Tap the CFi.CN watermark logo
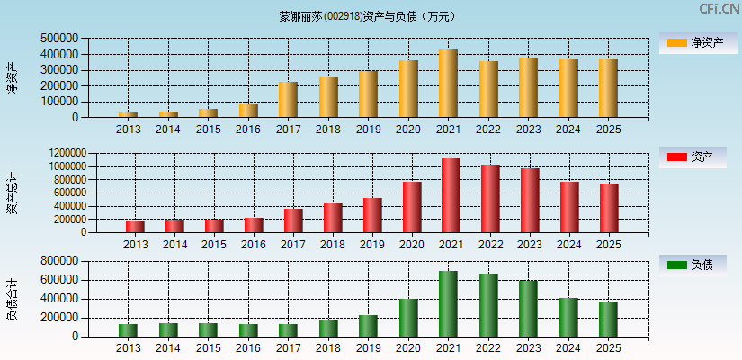[720, 9]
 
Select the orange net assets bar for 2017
[288, 100]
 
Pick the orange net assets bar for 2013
[128, 114]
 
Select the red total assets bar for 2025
[609, 208]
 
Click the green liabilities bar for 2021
[448, 303]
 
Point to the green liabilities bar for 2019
[368, 326]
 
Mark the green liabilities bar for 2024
[568, 317]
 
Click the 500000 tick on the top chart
[59, 39]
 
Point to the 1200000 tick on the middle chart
[61, 154]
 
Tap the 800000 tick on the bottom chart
[59, 261]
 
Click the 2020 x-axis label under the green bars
[408, 348]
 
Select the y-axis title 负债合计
[12, 300]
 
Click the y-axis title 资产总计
[12, 193]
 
